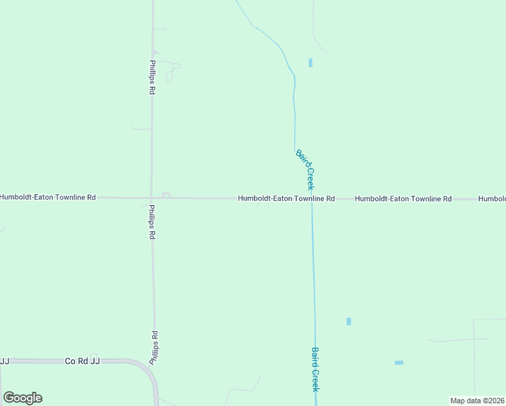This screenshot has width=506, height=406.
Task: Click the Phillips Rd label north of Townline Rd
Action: (x=152, y=78)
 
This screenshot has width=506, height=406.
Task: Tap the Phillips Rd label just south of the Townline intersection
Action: (x=153, y=223)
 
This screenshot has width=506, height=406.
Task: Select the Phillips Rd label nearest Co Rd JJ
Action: (x=154, y=348)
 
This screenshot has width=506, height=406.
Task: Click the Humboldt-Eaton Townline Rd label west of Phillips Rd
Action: (x=48, y=198)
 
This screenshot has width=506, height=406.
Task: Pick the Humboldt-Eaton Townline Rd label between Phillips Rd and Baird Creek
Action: (x=286, y=199)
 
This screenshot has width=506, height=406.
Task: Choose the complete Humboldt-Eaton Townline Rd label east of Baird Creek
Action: (x=402, y=199)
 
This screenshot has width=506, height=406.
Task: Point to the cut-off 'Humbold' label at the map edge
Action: (x=492, y=199)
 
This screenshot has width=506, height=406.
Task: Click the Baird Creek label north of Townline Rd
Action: (x=306, y=169)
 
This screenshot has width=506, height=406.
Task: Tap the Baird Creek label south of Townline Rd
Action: (x=315, y=369)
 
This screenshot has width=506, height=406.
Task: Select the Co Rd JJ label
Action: (x=83, y=361)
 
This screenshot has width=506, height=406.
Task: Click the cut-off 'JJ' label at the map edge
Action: (x=4, y=361)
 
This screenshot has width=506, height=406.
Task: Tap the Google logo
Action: (x=22, y=398)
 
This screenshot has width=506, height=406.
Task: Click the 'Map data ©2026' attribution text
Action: (x=477, y=401)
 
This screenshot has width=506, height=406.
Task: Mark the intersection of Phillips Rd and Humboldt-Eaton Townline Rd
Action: (x=152, y=198)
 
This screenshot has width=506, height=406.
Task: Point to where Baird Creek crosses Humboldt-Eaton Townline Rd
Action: (x=312, y=199)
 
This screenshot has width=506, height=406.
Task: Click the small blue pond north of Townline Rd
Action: (x=310, y=63)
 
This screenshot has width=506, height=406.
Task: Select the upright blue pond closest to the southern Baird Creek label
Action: (x=348, y=321)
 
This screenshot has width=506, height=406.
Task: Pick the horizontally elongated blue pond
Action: (x=399, y=363)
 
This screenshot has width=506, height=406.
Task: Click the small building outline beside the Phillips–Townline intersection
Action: (x=166, y=195)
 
